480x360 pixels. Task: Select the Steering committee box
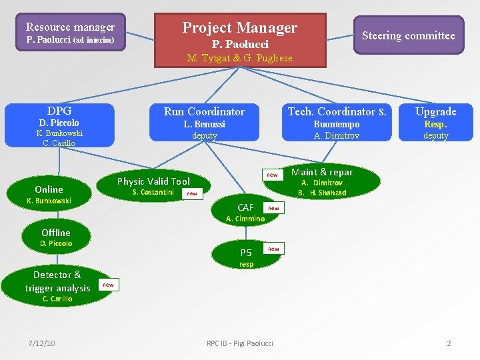tap(408, 35)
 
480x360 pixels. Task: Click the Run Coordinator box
tap(204, 122)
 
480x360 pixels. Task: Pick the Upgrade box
tap(436, 122)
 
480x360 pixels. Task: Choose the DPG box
tap(59, 125)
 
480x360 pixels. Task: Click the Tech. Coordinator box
tap(336, 122)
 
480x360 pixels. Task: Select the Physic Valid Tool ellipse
tap(154, 185)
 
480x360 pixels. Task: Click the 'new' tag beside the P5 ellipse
tap(273, 249)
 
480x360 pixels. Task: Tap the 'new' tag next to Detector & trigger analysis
tap(108, 285)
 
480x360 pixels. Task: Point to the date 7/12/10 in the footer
tap(41, 343)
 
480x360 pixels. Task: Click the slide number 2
tap(449, 343)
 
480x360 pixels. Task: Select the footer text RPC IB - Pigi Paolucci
tap(240, 343)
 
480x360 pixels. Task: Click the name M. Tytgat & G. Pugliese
tap(240, 58)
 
